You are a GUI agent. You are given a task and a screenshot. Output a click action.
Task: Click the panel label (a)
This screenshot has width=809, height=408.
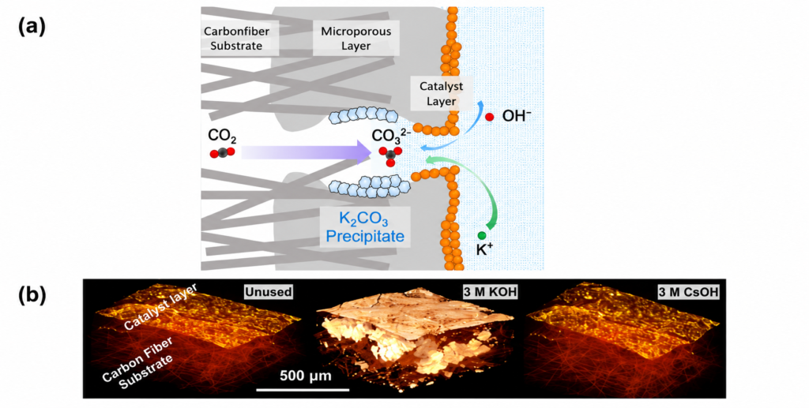tap(32, 28)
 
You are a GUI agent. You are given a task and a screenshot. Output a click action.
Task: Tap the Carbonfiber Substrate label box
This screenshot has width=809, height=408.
tap(240, 38)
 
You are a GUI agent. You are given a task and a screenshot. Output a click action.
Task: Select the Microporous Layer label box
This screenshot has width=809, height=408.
tap(356, 38)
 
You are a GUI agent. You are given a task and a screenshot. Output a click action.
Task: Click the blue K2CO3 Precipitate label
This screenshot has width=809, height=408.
tap(365, 227)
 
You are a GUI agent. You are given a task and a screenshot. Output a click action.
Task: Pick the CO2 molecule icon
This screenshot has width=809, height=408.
tap(222, 152)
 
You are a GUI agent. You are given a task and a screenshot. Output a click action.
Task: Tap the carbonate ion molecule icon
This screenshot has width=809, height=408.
tap(389, 155)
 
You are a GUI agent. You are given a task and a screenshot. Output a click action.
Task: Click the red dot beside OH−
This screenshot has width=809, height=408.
tap(489, 117)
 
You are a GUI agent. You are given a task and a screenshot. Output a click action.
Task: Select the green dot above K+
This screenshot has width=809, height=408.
tap(482, 235)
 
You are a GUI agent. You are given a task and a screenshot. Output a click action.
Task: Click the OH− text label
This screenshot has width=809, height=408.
tap(517, 116)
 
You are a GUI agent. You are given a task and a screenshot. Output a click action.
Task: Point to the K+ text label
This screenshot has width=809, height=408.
tap(484, 250)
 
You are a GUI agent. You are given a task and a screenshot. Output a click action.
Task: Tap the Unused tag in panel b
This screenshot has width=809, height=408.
tap(269, 292)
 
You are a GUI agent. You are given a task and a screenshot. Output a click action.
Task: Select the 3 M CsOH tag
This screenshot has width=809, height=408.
tap(690, 292)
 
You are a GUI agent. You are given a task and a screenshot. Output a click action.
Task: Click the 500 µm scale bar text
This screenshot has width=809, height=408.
tap(306, 376)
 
